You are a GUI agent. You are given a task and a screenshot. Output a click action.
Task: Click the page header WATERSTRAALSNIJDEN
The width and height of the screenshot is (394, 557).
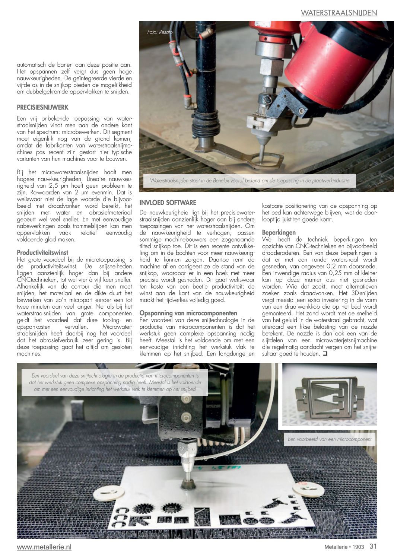pos(339,13)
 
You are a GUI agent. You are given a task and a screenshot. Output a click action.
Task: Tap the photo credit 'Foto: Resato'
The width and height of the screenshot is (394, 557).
pos(160,32)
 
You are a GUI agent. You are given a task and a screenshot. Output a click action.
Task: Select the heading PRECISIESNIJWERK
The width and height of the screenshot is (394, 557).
pos(42,107)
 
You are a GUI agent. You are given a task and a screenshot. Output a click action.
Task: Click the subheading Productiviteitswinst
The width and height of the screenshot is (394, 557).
pos(42,252)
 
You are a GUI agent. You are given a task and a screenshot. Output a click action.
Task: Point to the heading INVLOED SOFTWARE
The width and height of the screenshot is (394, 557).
pos(168,203)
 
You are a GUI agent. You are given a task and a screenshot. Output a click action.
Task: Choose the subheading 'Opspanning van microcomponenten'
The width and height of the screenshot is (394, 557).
pos(188,313)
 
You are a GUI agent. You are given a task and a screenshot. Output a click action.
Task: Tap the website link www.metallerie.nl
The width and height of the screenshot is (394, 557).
pos(44,547)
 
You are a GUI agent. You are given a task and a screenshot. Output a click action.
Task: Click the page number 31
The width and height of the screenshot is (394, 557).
pos(373,547)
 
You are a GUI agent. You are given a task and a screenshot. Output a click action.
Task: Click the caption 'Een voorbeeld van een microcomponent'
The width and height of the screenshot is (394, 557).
pos(330,439)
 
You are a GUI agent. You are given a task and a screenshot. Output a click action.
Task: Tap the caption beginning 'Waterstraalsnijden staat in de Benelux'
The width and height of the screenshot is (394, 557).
pos(250,181)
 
